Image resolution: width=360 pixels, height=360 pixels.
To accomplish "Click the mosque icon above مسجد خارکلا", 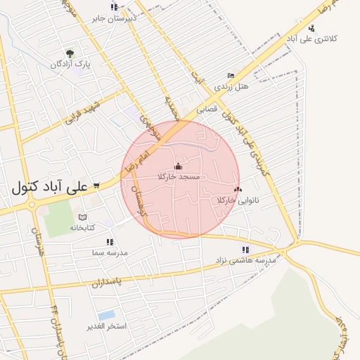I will (177, 167).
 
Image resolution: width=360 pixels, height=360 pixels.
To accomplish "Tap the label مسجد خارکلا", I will (179, 177).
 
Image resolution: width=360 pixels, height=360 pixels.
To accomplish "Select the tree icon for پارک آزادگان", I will (69, 53).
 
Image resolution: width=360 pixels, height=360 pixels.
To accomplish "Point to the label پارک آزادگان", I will (71, 64).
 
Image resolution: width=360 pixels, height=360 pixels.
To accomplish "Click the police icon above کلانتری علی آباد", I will (311, 28).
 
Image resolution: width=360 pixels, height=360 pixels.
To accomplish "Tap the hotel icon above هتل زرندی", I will (231, 75).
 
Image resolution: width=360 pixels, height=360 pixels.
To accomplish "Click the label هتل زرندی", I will (232, 86).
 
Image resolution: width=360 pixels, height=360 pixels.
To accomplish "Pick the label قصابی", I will (207, 110).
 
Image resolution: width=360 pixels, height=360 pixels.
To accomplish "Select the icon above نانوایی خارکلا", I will (237, 189).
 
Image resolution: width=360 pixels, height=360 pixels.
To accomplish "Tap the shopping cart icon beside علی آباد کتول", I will (96, 186).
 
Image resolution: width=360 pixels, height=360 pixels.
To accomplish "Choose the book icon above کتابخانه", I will (82, 217).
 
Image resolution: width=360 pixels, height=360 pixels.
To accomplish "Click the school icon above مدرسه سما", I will (110, 241).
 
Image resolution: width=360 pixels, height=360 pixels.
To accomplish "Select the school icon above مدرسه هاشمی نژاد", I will (245, 249).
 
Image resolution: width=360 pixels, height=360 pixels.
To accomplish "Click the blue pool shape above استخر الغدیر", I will (107, 315).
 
